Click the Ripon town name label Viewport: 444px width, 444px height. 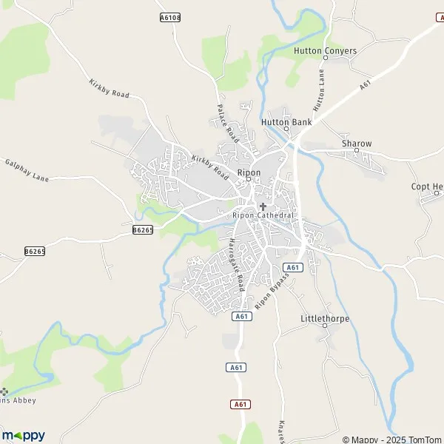[x=249, y=172]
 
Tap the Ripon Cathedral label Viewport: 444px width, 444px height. [x=263, y=215]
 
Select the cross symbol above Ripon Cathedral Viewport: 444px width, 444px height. [x=263, y=206]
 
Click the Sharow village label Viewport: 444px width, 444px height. [x=356, y=143]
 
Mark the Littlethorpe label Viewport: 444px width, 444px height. [x=325, y=318]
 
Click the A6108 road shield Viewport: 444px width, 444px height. [x=169, y=16]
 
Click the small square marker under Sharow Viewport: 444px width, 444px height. [x=356, y=151]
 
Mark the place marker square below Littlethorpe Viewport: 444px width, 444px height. [x=325, y=327]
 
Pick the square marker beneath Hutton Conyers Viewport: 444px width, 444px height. [x=327, y=59]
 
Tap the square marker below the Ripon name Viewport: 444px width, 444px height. [x=249, y=180]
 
